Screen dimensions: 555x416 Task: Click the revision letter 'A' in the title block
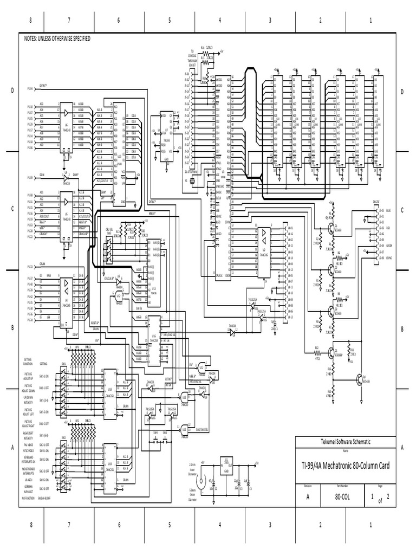click(x=308, y=495)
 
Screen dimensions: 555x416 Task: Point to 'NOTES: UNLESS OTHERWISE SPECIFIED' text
click(x=57, y=40)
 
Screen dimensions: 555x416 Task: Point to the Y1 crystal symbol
click(x=191, y=180)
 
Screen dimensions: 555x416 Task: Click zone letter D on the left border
click(x=11, y=92)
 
